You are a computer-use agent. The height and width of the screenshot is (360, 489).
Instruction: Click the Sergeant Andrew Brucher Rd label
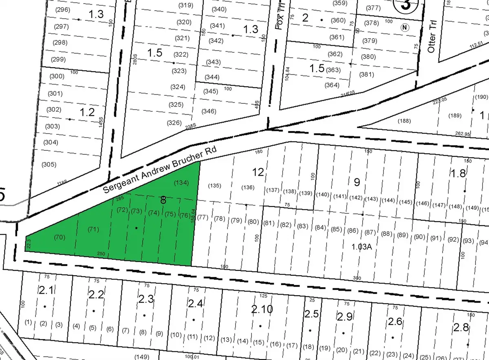[159, 169]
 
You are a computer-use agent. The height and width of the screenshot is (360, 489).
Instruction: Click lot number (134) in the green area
[181, 183]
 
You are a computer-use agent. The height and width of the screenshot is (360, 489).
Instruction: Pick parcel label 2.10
[262, 309]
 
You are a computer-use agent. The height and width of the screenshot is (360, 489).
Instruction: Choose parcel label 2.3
[146, 299]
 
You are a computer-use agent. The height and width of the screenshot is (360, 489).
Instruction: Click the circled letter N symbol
[405, 28]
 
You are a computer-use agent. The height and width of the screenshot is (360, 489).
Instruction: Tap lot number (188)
[403, 121]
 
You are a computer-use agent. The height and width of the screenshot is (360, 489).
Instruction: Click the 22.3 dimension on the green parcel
[28, 244]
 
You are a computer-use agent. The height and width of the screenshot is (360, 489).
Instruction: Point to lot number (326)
[174, 123]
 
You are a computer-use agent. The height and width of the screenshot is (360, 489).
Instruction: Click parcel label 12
[258, 172]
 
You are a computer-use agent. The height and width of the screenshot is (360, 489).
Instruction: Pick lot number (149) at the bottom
[142, 357]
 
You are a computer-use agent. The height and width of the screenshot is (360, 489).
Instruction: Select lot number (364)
[332, 85]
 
